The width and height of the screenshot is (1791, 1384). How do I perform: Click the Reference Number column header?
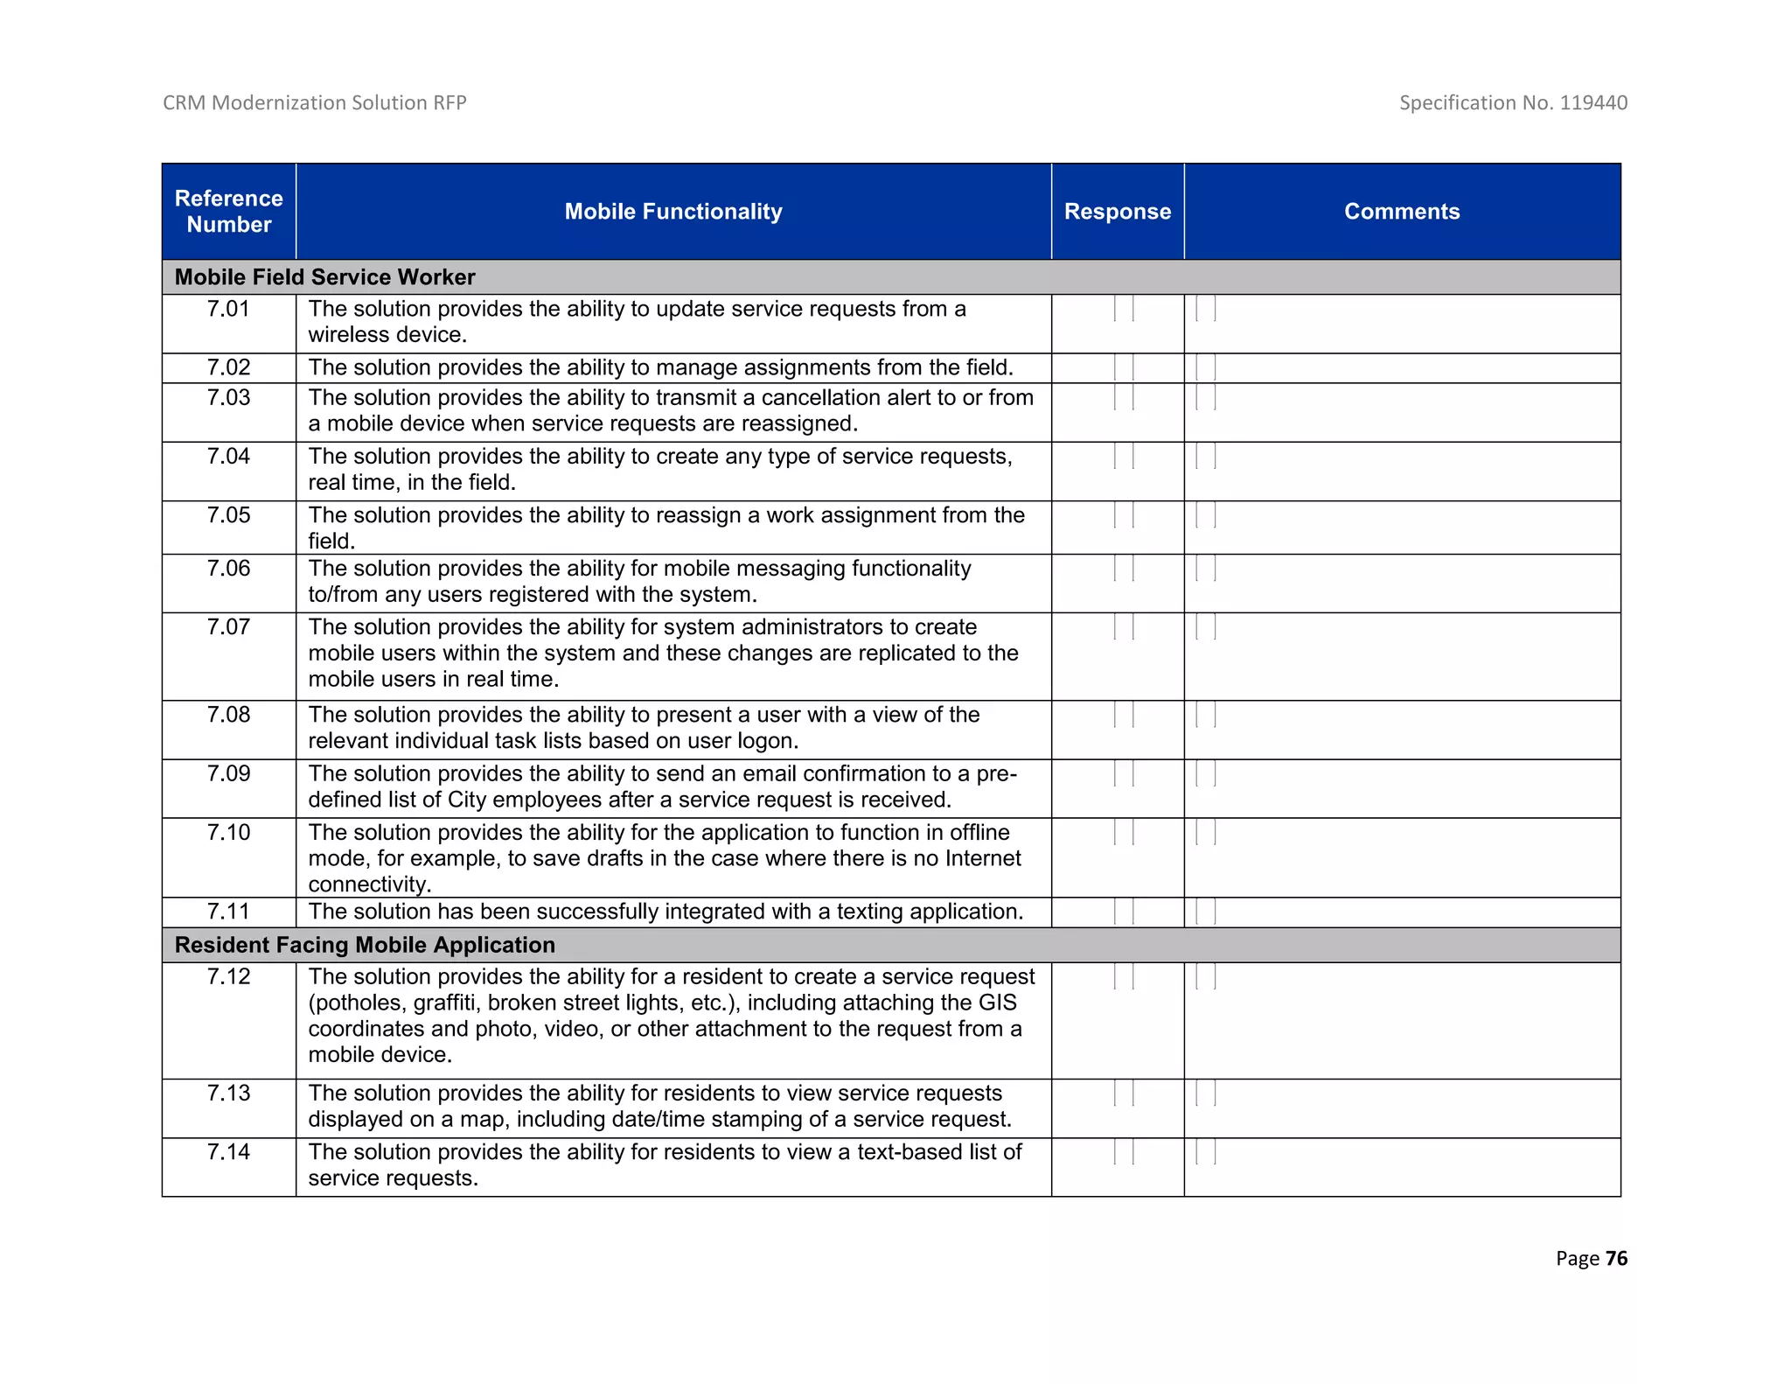[x=228, y=211]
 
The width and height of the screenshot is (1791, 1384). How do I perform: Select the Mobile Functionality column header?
[x=672, y=211]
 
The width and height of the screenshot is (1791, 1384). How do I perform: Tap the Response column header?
[x=1117, y=211]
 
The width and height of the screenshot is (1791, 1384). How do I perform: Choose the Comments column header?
[x=1401, y=211]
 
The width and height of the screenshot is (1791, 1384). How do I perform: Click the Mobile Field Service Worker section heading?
[x=324, y=276]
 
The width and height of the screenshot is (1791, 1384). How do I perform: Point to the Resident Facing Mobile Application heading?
[x=365, y=945]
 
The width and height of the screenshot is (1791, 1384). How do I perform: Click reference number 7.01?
[x=228, y=309]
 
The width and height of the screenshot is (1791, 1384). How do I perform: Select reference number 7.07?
[x=228, y=627]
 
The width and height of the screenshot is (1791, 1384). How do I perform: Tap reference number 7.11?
[x=228, y=912]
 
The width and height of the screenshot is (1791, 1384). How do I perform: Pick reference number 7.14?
[x=228, y=1152]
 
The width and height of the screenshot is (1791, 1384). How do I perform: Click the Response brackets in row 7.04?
[x=1124, y=456]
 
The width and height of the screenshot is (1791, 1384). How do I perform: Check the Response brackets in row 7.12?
[x=1124, y=976]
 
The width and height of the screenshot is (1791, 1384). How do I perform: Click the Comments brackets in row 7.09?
[x=1206, y=773]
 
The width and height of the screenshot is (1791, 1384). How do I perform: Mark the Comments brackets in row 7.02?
[x=1206, y=367]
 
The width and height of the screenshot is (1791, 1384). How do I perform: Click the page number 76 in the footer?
[x=1616, y=1258]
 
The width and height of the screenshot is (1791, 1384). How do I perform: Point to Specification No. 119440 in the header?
[x=1513, y=102]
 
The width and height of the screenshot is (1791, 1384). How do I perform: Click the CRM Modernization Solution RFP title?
[x=315, y=102]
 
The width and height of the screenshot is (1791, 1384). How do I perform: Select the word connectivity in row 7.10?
[x=368, y=884]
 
